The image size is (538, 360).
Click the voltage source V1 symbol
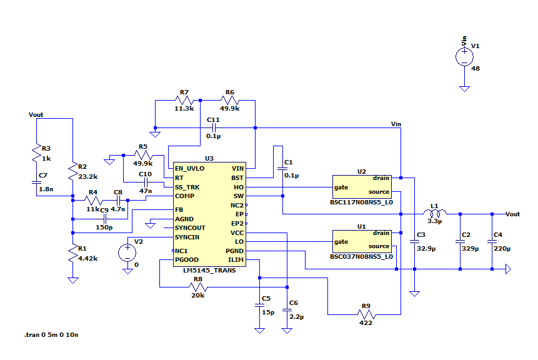coord(464,57)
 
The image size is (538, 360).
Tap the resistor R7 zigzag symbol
coord(184,100)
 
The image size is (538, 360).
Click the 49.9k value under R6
coord(229,108)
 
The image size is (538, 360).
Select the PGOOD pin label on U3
coord(187,259)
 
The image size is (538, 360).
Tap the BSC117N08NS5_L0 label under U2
coord(362,202)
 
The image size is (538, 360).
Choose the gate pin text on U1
coord(341,242)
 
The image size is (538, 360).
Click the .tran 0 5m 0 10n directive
coord(51,335)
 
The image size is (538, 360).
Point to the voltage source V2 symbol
coord(127,252)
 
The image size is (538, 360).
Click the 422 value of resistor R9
coord(366,322)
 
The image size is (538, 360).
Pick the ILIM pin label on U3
coord(235,259)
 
